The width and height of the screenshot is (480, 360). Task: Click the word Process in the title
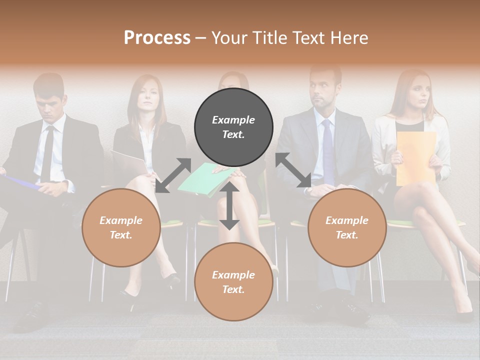[x=157, y=38]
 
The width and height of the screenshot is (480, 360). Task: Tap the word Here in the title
[x=349, y=38]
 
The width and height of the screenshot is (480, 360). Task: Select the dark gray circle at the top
[x=233, y=127]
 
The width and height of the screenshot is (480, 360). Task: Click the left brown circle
[x=121, y=227]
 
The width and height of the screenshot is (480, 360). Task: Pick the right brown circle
[x=347, y=227]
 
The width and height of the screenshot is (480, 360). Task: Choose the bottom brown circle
[x=233, y=282]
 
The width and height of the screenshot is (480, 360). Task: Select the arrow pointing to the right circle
[x=293, y=170]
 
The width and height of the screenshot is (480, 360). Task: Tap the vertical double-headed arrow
[x=229, y=206]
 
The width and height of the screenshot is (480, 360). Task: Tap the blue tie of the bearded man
[x=327, y=150]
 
